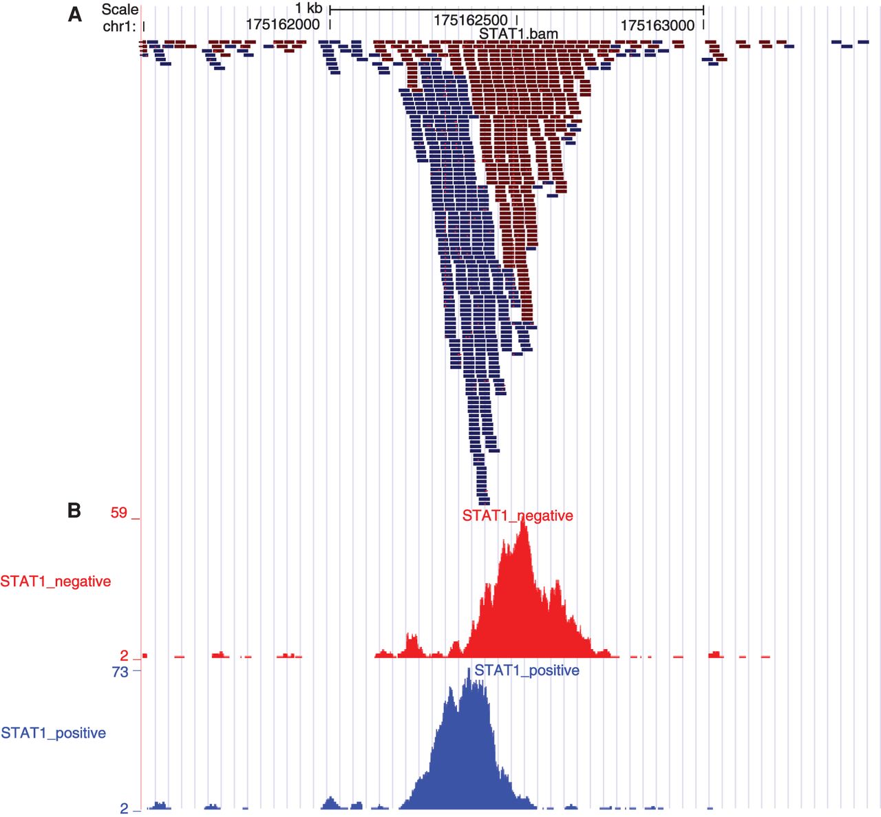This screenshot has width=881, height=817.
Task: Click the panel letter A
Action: click(x=74, y=14)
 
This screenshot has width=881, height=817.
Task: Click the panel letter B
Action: click(x=74, y=510)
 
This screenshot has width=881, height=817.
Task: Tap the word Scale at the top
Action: click(x=120, y=10)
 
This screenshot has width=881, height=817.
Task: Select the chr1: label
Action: click(x=119, y=27)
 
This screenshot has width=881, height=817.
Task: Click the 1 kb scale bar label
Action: click(x=308, y=8)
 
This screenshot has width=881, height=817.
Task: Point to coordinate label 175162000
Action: click(x=282, y=25)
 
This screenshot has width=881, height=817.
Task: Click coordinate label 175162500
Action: click(x=470, y=21)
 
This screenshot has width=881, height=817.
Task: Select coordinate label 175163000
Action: click(x=657, y=25)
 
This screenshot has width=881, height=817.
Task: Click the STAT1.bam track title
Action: click(x=518, y=34)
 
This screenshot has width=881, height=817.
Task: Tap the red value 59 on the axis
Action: click(x=119, y=513)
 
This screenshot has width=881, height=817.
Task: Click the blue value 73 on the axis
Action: click(x=120, y=672)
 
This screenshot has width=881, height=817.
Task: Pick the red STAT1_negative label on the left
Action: click(x=55, y=582)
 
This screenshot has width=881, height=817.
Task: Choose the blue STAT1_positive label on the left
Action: click(x=53, y=733)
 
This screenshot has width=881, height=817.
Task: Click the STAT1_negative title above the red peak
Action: click(x=518, y=516)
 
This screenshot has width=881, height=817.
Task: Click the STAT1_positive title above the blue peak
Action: click(x=527, y=670)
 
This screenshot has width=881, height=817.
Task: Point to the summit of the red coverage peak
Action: click(x=524, y=521)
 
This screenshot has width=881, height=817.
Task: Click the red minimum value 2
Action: click(x=124, y=655)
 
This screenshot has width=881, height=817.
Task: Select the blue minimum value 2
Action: click(x=124, y=808)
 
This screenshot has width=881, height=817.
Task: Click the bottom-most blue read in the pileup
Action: click(x=484, y=502)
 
